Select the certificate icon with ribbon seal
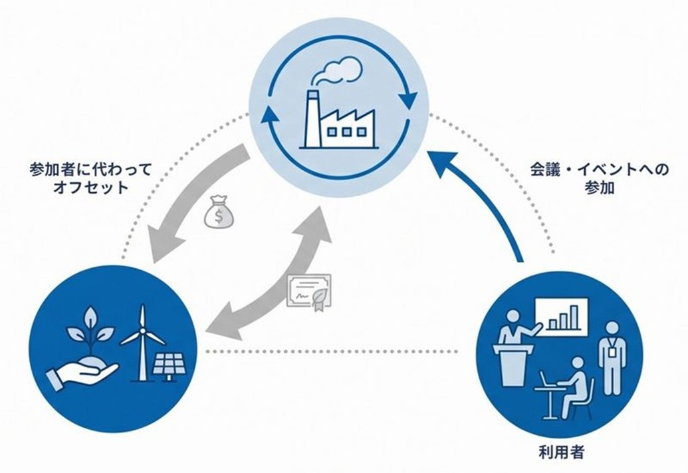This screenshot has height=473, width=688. tap(309, 291)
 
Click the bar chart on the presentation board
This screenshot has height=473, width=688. tap(562, 317)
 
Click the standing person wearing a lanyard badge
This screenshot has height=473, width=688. tap(612, 356)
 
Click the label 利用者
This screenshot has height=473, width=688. tap(560, 453)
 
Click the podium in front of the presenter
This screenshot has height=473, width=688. tap(511, 365)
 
